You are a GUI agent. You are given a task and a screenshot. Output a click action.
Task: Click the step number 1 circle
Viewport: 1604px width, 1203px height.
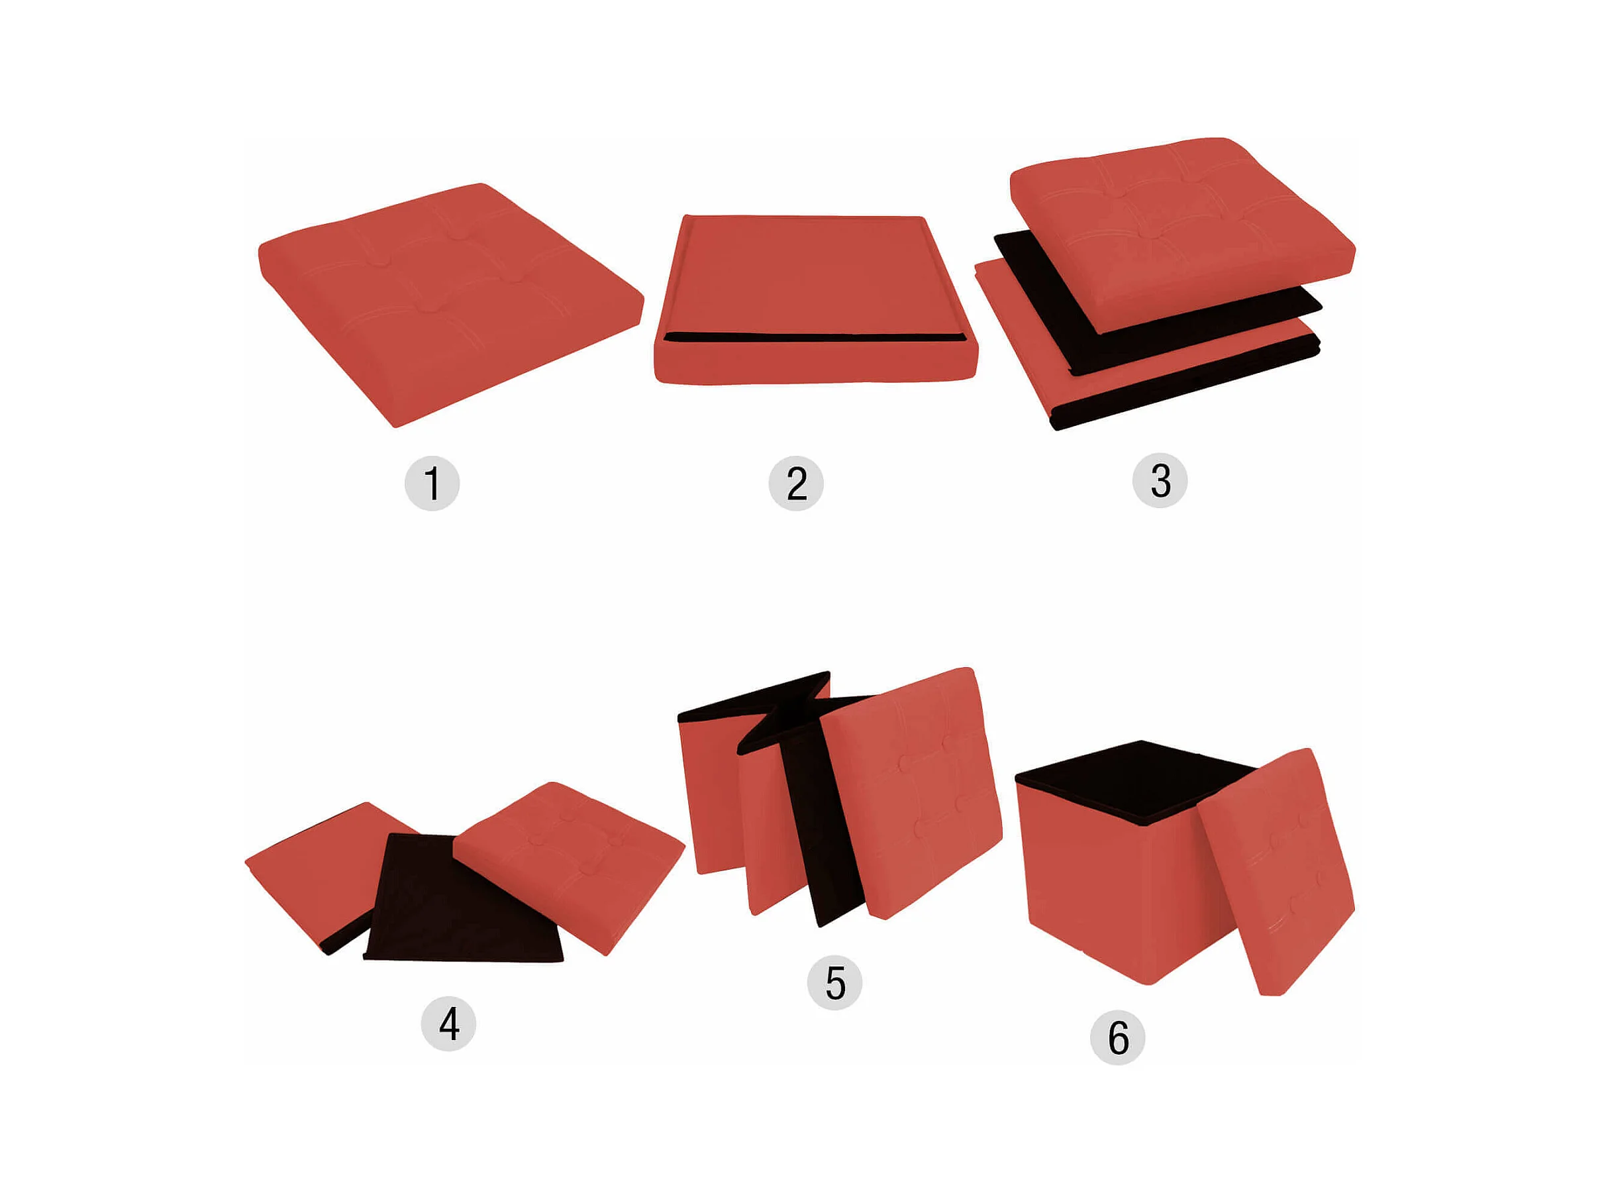(x=432, y=484)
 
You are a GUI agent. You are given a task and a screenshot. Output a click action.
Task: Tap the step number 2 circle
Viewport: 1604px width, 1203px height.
(x=796, y=484)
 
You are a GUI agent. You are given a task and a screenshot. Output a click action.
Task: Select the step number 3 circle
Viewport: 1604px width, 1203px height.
(x=1160, y=480)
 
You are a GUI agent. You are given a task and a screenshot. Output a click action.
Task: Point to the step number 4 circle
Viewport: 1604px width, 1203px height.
(x=449, y=1024)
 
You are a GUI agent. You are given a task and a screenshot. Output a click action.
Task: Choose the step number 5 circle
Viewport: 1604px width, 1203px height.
(x=835, y=982)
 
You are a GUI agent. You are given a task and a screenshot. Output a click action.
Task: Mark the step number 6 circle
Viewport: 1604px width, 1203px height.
(x=1118, y=1037)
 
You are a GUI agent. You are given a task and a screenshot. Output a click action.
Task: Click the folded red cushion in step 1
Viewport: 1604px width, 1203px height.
(x=450, y=305)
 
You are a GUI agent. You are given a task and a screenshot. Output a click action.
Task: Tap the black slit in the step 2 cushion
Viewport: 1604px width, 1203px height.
(x=816, y=337)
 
